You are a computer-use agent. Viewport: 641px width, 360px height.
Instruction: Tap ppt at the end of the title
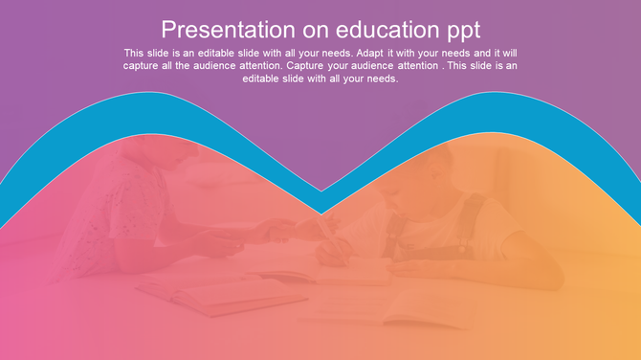[459, 30]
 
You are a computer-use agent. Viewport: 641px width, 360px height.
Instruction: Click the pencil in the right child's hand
[330, 235]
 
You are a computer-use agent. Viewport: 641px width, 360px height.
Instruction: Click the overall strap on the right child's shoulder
[469, 215]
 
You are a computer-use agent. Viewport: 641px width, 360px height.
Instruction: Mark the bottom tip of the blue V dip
[322, 213]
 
